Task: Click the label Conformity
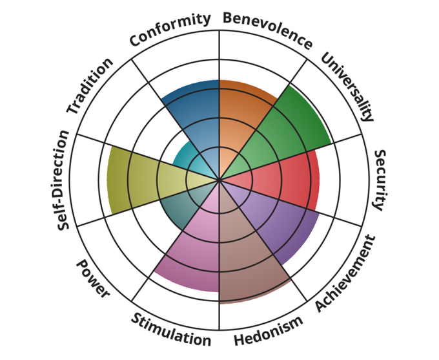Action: pyautogui.click(x=170, y=29)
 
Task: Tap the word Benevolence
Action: pyautogui.click(x=267, y=30)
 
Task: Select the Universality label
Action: pyautogui.click(x=347, y=86)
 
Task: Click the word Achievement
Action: pyautogui.click(x=345, y=274)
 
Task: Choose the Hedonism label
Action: pyautogui.click(x=269, y=330)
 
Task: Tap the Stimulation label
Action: pyautogui.click(x=171, y=330)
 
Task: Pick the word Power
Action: pyautogui.click(x=93, y=279)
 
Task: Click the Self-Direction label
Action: pyautogui.click(x=63, y=180)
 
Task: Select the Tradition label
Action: pyautogui.click(x=90, y=86)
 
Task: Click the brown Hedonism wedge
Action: pyautogui.click(x=247, y=252)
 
